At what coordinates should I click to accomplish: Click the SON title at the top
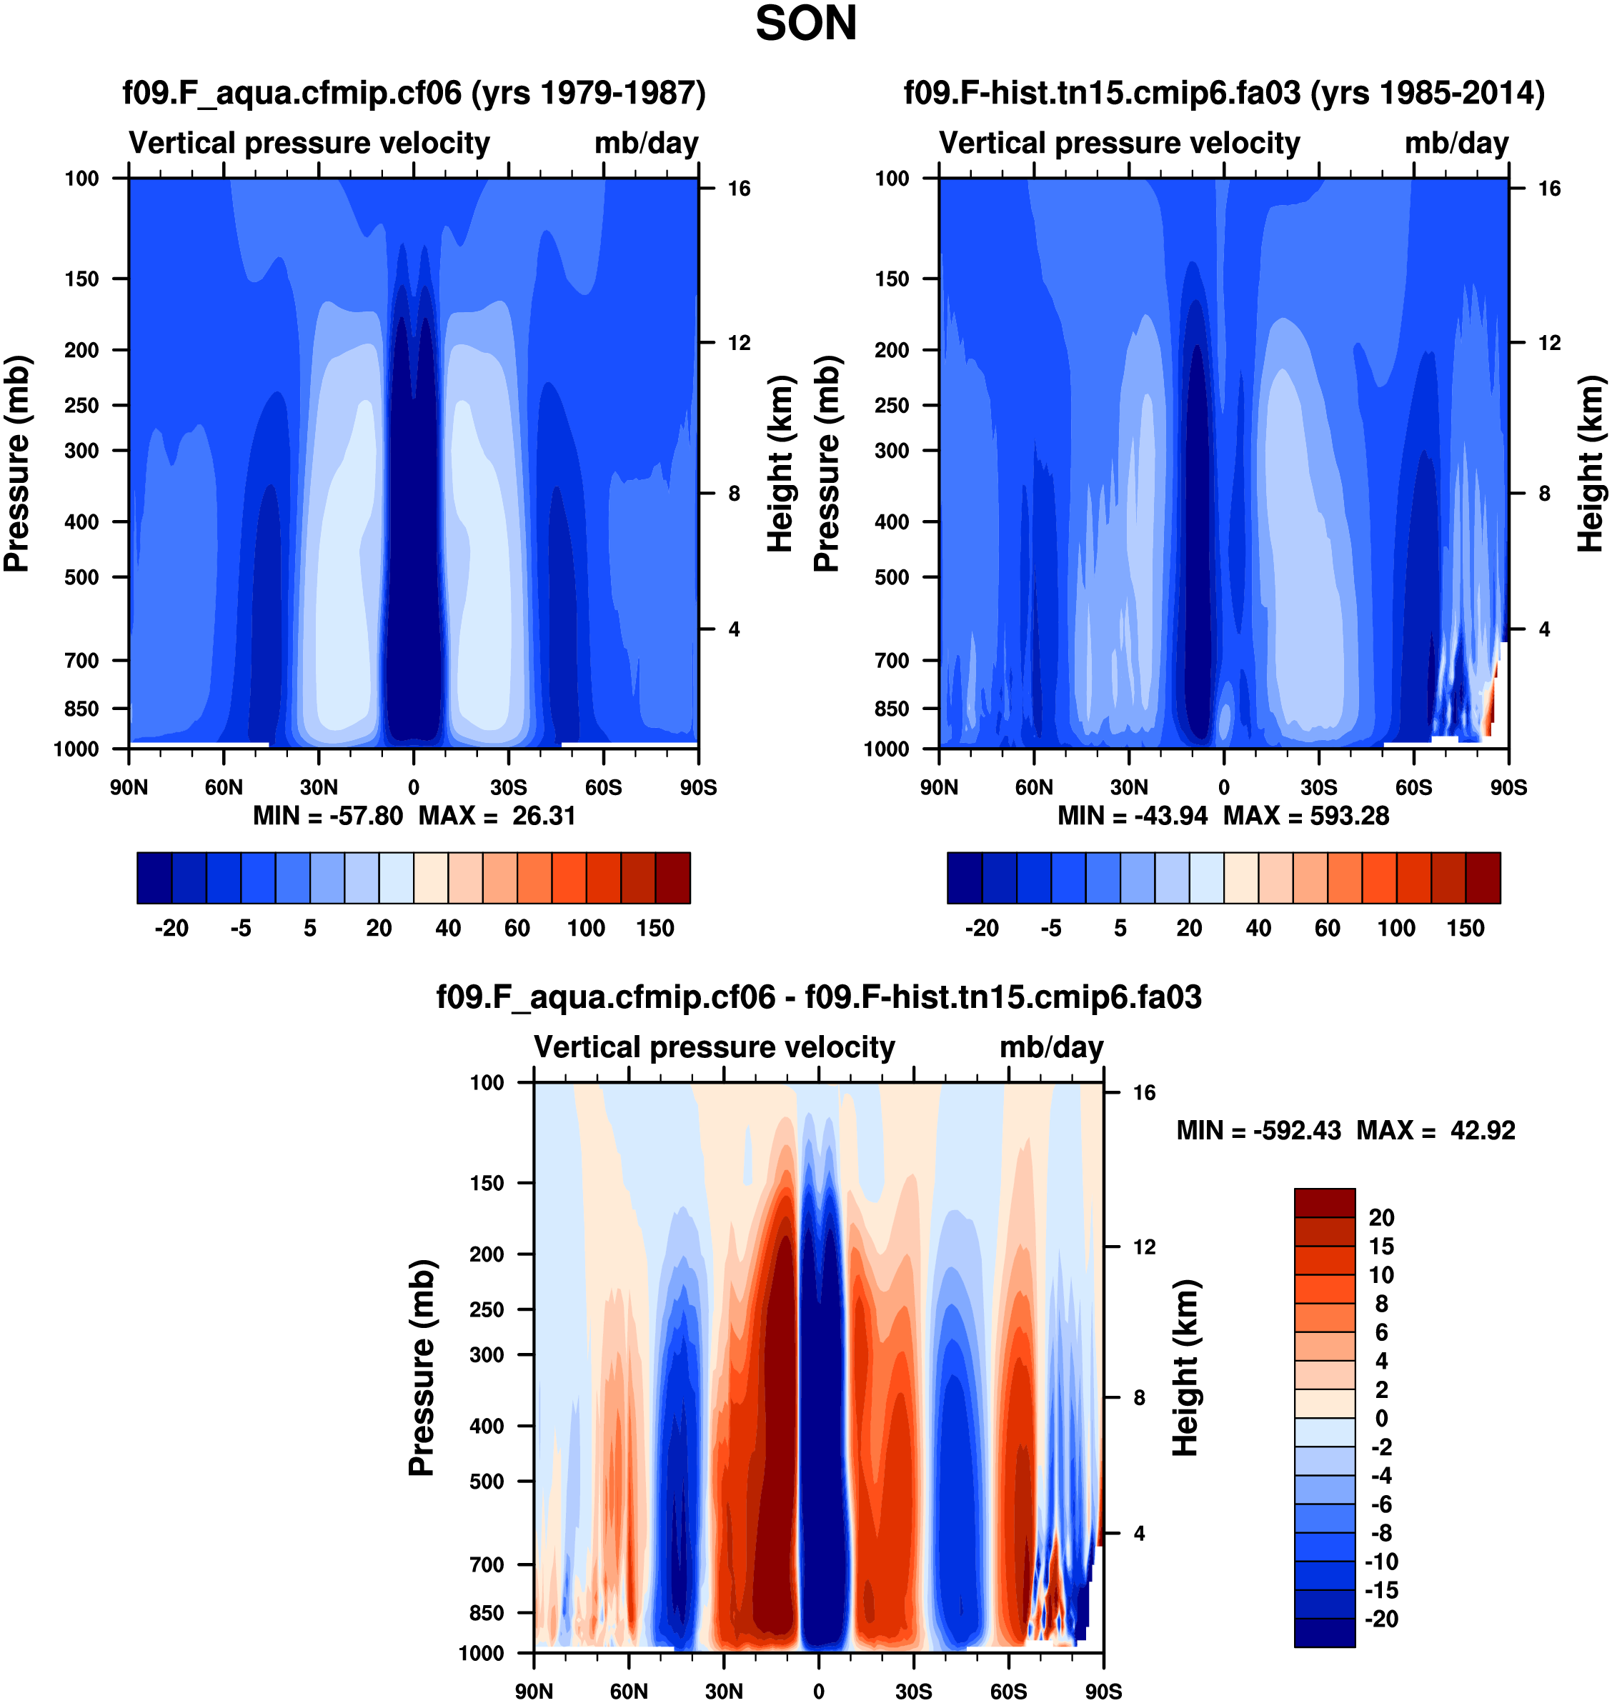tap(805, 24)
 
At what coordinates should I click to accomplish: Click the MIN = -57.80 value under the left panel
tap(327, 815)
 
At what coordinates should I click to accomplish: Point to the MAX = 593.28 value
tap(1305, 815)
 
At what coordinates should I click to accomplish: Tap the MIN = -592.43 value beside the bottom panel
tap(1258, 1130)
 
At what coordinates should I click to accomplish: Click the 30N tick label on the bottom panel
tap(724, 1691)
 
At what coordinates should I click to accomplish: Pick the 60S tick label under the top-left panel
tap(603, 787)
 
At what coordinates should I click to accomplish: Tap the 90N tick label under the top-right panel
tap(938, 787)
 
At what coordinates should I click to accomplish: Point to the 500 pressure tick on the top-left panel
tap(81, 577)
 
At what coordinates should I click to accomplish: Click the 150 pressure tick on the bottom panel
tap(487, 1183)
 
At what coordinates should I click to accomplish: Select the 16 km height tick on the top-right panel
tap(1548, 189)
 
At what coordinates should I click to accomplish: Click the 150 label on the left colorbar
tap(655, 928)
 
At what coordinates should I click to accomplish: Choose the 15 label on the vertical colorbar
tap(1381, 1246)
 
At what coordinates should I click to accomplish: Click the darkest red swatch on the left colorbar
tap(673, 877)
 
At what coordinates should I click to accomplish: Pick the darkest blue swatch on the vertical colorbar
tap(1324, 1632)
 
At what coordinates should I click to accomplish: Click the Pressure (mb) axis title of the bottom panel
tap(422, 1368)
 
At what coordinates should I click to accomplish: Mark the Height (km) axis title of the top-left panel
tap(779, 464)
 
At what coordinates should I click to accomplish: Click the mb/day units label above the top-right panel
tap(1456, 143)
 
